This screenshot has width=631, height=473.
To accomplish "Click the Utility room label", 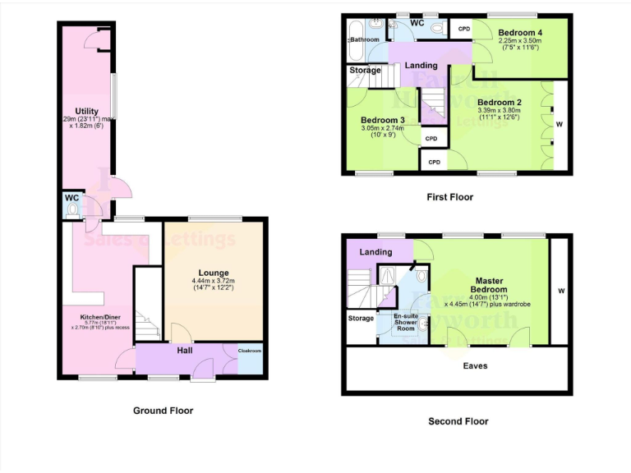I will (86, 112).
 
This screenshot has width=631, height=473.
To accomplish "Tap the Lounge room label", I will (213, 273).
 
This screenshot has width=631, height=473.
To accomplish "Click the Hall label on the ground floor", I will (185, 351).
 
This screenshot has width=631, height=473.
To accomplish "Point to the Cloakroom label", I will (250, 351).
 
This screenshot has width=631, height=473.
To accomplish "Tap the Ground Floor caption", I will (163, 410).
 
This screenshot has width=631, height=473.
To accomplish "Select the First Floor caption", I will (449, 197).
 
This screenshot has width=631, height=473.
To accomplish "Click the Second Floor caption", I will (458, 421).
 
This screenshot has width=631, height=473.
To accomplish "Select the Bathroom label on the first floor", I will (365, 39).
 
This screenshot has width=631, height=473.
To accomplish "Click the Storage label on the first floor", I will (365, 71).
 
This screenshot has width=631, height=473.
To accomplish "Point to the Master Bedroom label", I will (489, 285).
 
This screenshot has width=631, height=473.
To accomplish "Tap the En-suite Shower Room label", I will (405, 322).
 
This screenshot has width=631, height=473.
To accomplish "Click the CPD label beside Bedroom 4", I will (464, 30).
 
